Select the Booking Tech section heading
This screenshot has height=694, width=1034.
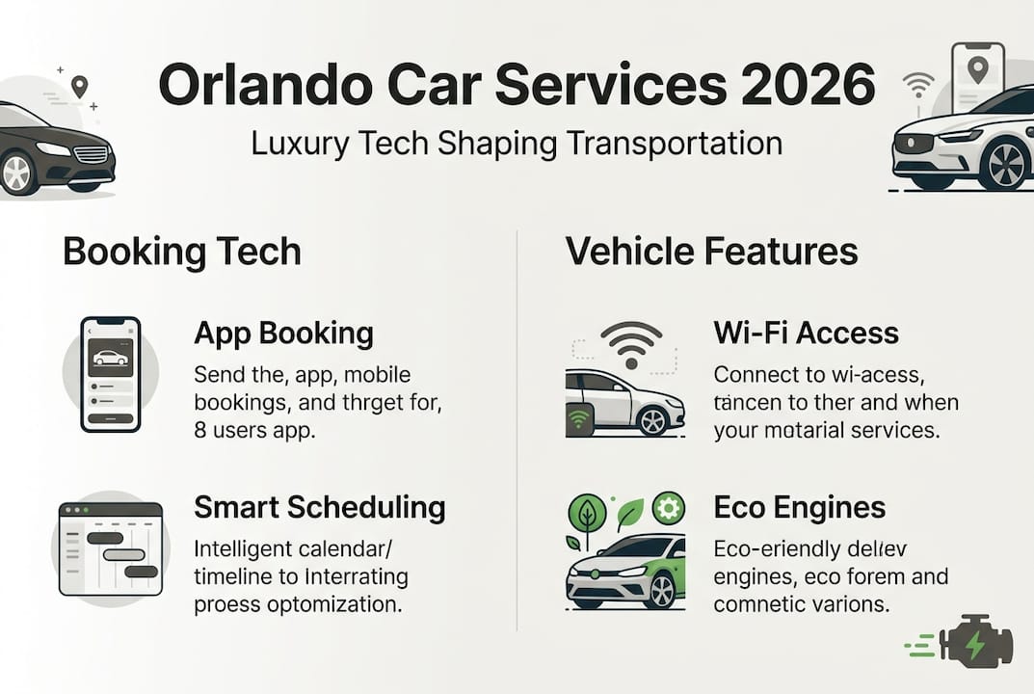point(182,252)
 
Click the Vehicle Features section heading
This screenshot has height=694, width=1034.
point(711,252)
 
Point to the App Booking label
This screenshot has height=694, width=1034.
point(283,334)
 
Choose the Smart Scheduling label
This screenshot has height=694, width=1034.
point(320,507)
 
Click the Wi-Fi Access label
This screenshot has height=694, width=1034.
point(806,334)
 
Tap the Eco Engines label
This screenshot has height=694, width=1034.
point(800,507)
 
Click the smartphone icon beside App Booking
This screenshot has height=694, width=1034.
point(111,373)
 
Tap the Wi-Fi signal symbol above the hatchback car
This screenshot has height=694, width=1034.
point(631,344)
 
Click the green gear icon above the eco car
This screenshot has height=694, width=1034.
point(668,508)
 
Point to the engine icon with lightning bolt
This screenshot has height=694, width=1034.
point(973,642)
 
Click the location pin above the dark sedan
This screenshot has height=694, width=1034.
point(79,87)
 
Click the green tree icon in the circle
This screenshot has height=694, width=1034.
point(587,513)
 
